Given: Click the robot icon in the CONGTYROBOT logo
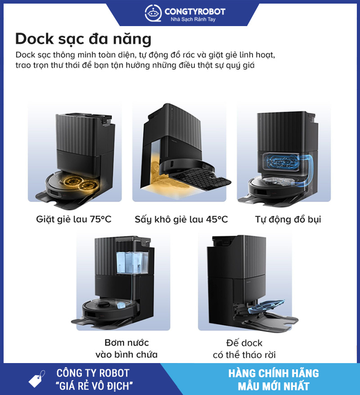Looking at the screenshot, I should point(153,14).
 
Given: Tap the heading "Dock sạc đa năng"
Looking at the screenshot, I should point(83,39).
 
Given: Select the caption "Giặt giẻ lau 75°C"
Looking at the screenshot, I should point(74,220).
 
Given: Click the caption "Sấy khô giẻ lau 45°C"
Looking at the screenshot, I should point(181,220).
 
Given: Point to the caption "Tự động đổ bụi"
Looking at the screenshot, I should point(288,220).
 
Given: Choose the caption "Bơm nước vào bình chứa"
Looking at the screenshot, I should point(126,349).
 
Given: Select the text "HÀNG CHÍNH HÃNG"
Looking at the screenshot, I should point(273,373).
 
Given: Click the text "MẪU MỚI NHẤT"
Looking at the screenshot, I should point(273,386).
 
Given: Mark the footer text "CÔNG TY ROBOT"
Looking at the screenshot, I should point(93,373).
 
